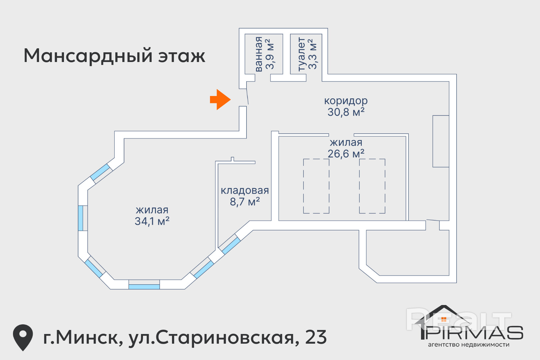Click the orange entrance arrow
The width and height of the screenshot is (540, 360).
point(220,99)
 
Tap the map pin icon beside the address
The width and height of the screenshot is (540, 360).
point(23,337)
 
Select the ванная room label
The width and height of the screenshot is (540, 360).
point(259,54)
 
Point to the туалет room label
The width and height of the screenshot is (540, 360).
point(301,54)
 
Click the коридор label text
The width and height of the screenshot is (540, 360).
point(346,100)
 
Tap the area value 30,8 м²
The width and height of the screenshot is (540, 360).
point(346,112)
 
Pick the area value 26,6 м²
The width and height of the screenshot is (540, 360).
point(346,154)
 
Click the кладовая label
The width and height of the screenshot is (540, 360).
point(245,190)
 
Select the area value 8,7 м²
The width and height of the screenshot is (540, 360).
point(245,202)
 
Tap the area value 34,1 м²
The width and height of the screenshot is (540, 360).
point(152,221)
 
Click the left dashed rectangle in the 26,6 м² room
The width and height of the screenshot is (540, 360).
point(316,186)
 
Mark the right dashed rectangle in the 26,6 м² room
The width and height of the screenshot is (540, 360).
point(372,186)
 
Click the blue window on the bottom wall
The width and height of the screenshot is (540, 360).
point(144,287)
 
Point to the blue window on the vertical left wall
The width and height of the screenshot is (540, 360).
point(80,218)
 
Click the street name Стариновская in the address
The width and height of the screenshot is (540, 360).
point(225,337)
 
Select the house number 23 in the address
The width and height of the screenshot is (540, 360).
point(316,337)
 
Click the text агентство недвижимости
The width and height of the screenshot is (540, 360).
point(468,345)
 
